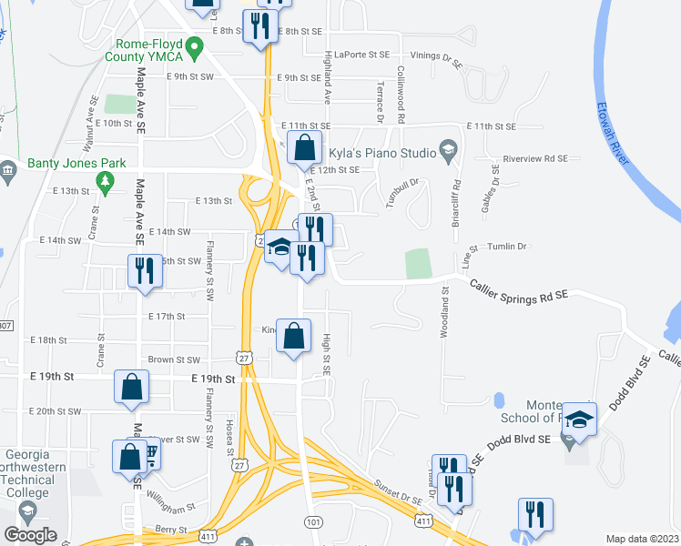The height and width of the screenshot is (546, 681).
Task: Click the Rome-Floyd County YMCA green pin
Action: [x=193, y=45]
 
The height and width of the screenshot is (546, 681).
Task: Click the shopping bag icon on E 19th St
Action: [x=132, y=386]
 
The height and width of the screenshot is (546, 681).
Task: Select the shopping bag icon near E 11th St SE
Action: [x=305, y=147]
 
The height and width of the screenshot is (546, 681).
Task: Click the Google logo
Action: [x=30, y=534]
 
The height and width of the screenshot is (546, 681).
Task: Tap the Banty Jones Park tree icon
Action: [x=106, y=185]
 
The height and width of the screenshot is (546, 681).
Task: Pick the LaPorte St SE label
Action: [x=362, y=54]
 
